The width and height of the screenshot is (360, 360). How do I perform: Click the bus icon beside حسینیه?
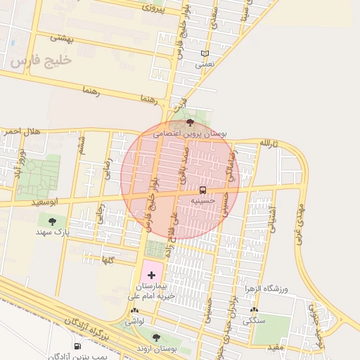pyautogui.click(x=203, y=190)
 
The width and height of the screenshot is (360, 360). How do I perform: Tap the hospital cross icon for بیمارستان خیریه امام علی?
pyautogui.click(x=151, y=274)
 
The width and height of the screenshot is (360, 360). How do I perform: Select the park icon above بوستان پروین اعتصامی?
pyautogui.click(x=190, y=122)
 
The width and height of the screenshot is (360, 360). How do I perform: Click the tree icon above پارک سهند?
pyautogui.click(x=52, y=221)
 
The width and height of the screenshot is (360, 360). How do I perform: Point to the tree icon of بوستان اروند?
pyautogui.click(x=156, y=337)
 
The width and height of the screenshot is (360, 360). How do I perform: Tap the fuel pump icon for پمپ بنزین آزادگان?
pyautogui.click(x=77, y=345)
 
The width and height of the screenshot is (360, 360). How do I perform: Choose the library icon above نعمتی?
pyautogui.click(x=205, y=53)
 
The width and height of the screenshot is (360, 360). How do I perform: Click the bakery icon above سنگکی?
pyautogui.click(x=254, y=310)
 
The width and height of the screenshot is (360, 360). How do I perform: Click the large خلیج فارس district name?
pyautogui.click(x=41, y=61)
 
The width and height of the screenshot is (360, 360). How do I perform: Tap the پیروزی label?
pyautogui.click(x=153, y=8)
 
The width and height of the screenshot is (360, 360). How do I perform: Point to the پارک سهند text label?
pyautogui.click(x=53, y=232)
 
